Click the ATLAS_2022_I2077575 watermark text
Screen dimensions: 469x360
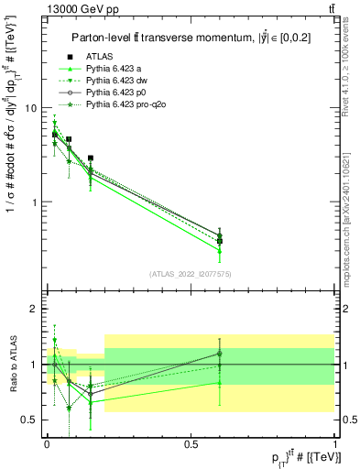tap(190, 274)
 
